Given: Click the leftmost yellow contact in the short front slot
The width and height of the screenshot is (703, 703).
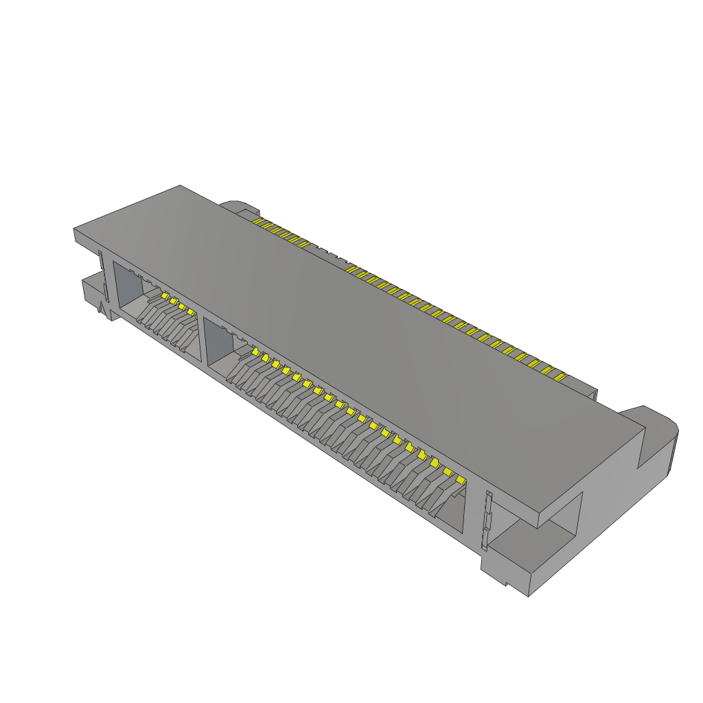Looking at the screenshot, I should [165, 295].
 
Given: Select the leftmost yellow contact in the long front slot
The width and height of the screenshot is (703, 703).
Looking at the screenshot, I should [255, 351].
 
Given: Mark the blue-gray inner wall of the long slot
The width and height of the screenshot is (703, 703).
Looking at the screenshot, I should [217, 343].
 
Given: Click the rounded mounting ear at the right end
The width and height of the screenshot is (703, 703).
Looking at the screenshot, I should [657, 439].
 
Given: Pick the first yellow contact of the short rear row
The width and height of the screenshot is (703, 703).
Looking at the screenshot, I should [257, 222].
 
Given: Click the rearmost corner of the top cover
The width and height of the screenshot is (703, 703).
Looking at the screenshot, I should [180, 186].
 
